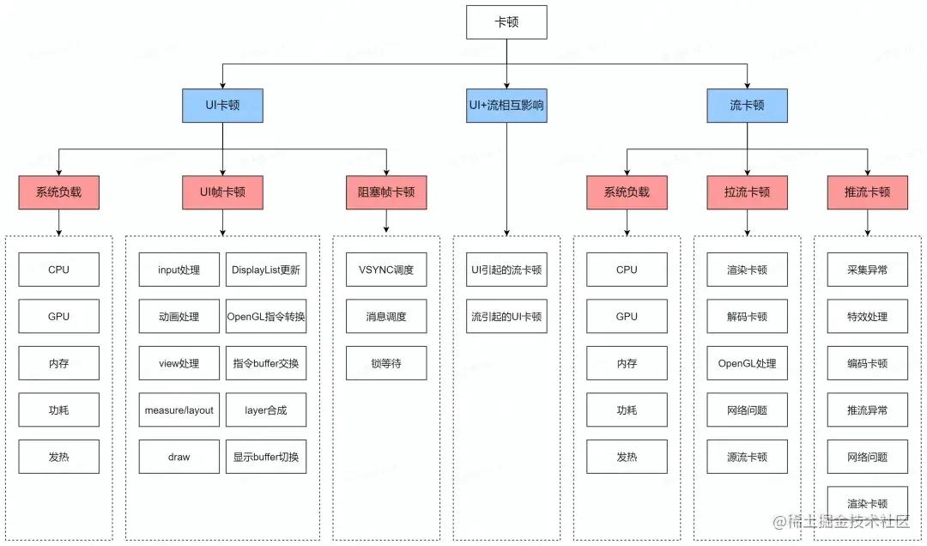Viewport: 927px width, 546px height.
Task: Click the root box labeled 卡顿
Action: click(506, 22)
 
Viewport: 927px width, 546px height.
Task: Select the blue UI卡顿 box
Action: click(222, 106)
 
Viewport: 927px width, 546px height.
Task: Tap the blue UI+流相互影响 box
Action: click(506, 106)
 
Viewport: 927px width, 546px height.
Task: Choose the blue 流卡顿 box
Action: click(747, 106)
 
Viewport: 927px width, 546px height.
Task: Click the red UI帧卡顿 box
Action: click(222, 192)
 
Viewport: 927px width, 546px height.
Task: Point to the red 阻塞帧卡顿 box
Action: click(386, 192)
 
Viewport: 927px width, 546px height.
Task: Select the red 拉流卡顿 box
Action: click(747, 192)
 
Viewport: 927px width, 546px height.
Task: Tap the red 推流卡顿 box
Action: click(867, 192)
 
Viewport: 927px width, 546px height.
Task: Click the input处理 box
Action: click(179, 270)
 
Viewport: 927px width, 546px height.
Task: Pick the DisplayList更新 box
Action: click(266, 270)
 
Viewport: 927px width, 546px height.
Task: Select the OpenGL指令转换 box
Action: click(266, 317)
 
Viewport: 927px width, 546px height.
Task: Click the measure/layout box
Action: click(179, 410)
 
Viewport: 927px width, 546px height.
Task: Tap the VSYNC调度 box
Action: click(386, 270)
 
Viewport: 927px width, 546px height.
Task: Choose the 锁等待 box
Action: click(386, 363)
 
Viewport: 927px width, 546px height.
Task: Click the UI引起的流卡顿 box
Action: click(506, 270)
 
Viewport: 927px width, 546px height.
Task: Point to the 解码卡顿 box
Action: click(747, 317)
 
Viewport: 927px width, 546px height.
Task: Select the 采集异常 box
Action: click(867, 270)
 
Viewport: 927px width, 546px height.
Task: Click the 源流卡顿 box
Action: click(747, 457)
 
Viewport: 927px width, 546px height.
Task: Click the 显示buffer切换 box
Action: click(266, 457)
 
